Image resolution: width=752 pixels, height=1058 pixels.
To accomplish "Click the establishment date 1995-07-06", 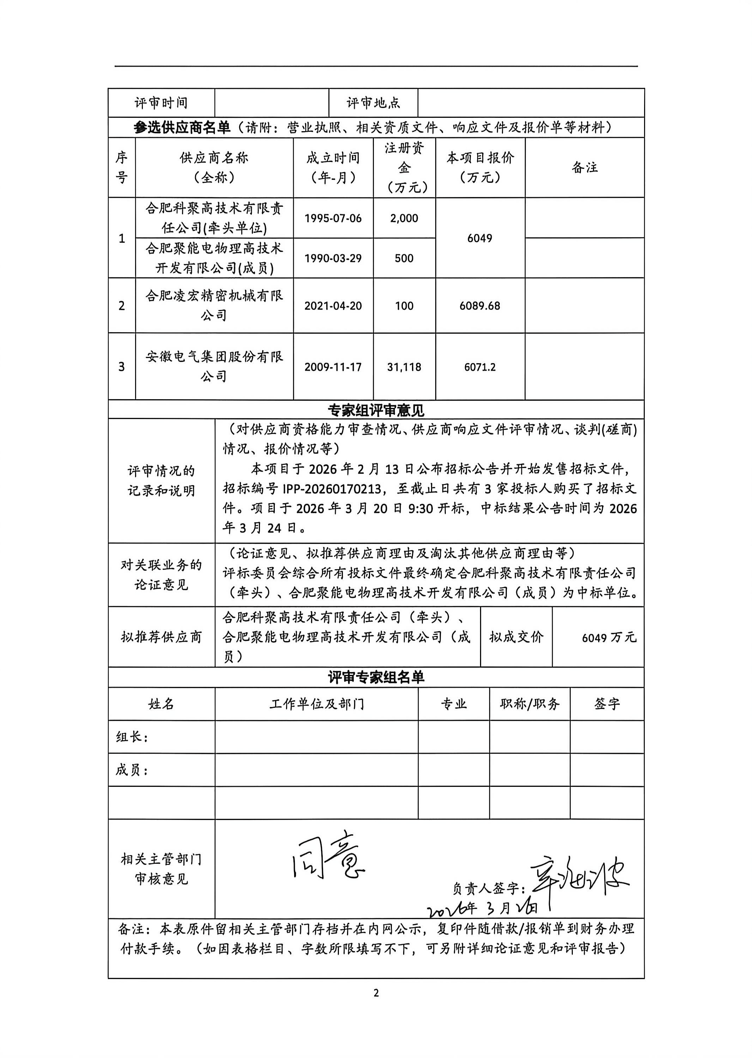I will pyautogui.click(x=333, y=218).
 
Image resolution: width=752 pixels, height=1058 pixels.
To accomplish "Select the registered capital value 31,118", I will pyautogui.click(x=404, y=367).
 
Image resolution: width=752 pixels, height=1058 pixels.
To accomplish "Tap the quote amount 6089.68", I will pyautogui.click(x=480, y=306).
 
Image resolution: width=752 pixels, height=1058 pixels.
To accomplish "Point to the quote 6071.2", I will pyautogui.click(x=480, y=367).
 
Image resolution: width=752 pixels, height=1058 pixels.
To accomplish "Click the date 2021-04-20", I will pyautogui.click(x=333, y=306).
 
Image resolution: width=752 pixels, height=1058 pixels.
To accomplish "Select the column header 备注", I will pyautogui.click(x=584, y=167).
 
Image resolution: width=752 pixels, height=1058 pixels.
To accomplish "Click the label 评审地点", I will pyautogui.click(x=373, y=103).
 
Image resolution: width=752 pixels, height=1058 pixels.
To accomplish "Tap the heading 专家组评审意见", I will pyautogui.click(x=376, y=410).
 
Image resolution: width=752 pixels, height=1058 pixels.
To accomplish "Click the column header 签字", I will pyautogui.click(x=607, y=704).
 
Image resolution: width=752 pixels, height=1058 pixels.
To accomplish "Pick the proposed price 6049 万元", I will pyautogui.click(x=609, y=638).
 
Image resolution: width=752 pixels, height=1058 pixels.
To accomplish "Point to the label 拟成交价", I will pyautogui.click(x=516, y=637).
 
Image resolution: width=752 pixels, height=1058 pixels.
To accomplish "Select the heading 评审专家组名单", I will pyautogui.click(x=376, y=677).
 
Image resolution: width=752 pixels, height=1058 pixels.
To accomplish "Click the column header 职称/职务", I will pyautogui.click(x=530, y=704).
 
